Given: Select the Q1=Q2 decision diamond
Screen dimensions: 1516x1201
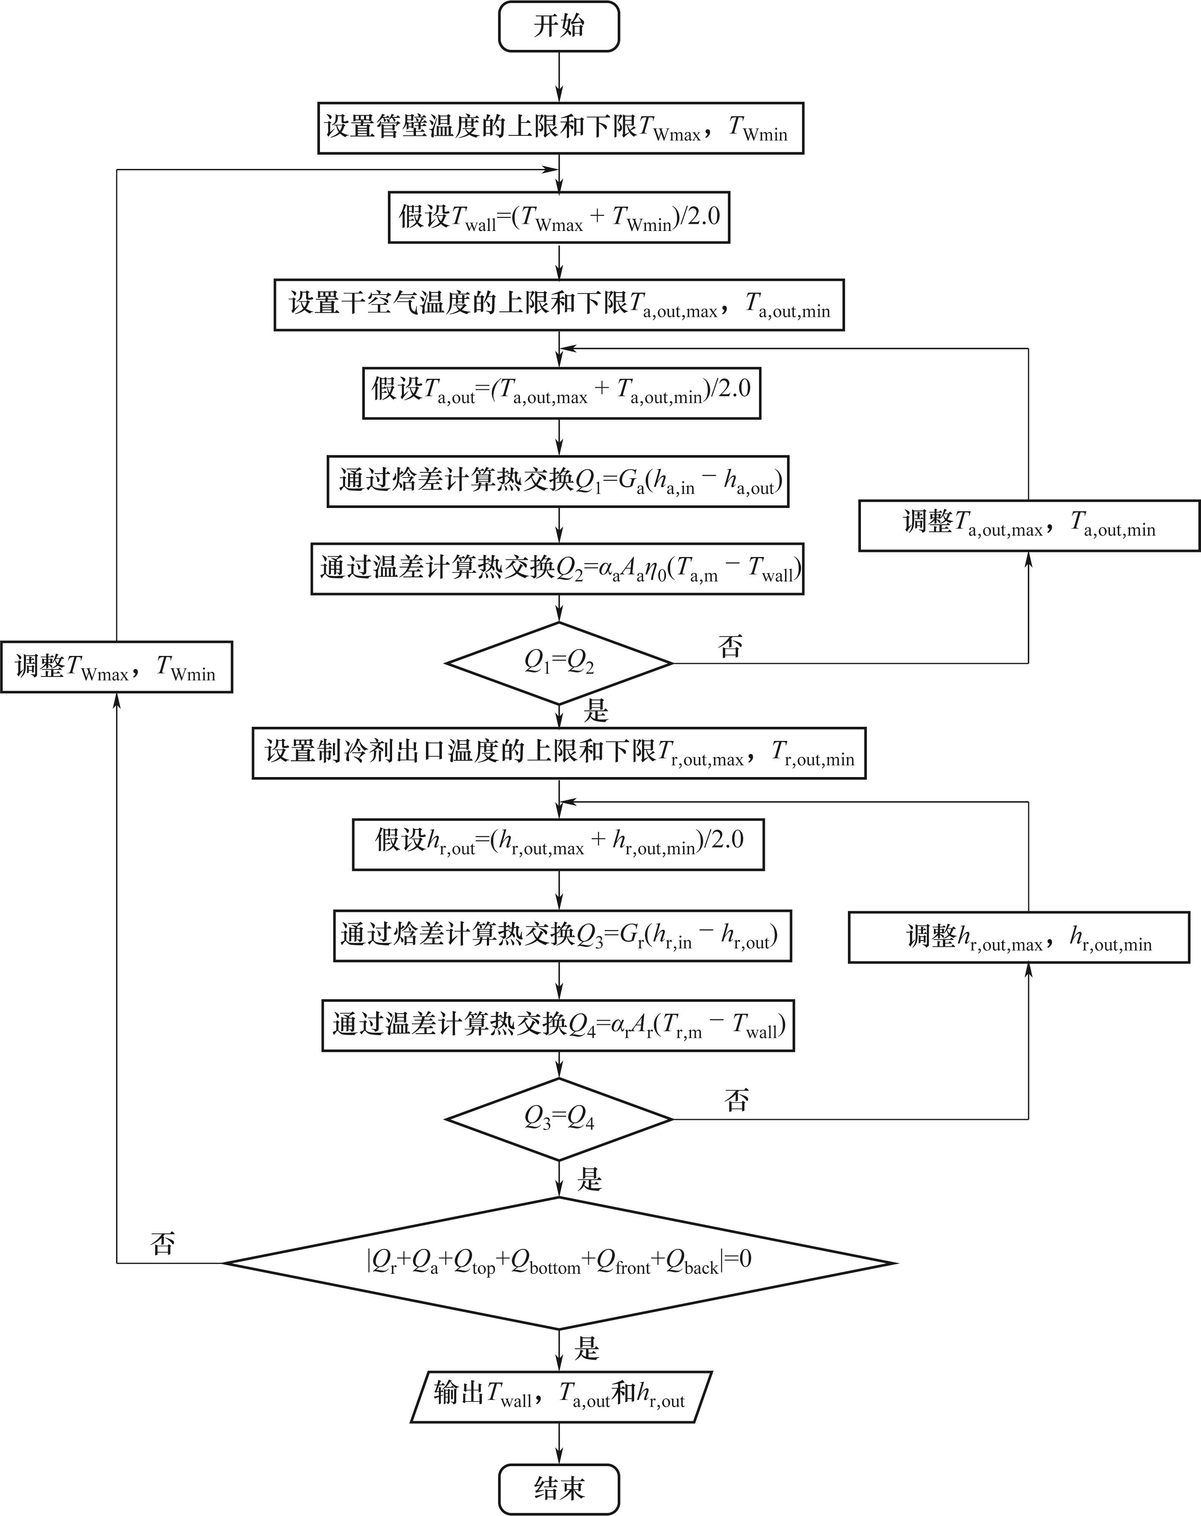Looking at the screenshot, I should [x=559, y=662].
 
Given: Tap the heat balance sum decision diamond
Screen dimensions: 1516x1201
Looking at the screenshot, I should [x=559, y=1263].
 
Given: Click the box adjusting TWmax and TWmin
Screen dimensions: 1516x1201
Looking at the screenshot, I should [x=116, y=666].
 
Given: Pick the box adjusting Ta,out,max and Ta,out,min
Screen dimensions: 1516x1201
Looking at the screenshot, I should [x=1028, y=525].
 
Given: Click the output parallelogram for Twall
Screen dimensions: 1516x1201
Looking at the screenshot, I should [x=560, y=1397].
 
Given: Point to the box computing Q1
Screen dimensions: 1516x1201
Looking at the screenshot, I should [x=558, y=482].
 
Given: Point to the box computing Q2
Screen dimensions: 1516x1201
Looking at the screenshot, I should [x=557, y=569].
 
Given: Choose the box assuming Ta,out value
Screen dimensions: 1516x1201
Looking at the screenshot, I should [x=561, y=393].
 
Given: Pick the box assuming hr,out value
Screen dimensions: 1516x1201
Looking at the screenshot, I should [x=558, y=844].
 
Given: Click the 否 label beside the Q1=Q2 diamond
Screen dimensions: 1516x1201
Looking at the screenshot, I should [x=730, y=645].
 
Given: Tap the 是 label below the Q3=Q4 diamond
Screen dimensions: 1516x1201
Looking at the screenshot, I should [x=589, y=1179].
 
